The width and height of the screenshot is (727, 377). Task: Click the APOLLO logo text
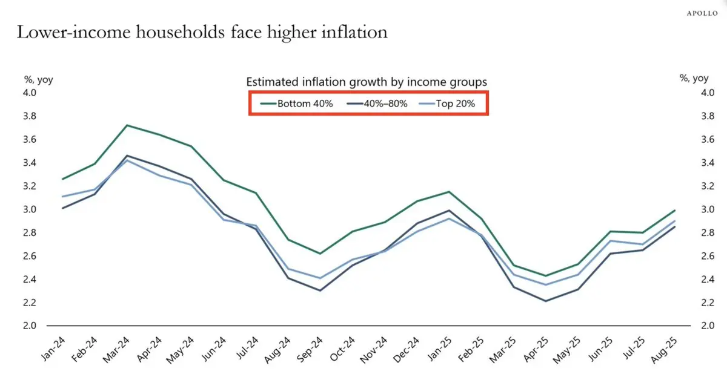tap(701, 13)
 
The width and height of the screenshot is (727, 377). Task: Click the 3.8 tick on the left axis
tap(29, 116)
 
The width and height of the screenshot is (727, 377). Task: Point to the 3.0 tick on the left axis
tap(29, 209)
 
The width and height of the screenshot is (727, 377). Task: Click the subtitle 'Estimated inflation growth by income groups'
tap(367, 82)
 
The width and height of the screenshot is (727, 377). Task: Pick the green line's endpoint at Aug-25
tap(675, 211)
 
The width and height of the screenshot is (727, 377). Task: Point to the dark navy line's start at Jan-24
tap(62, 208)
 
